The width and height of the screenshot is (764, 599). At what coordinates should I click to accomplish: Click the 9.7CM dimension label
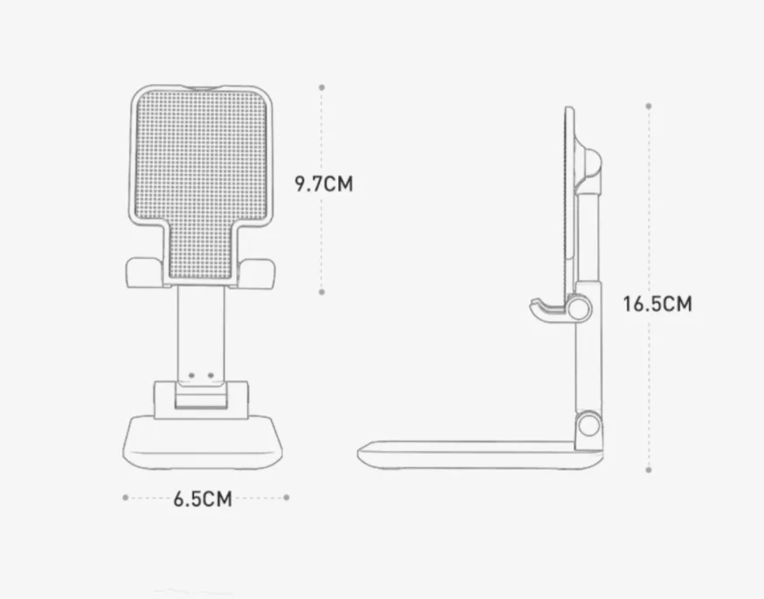[323, 184]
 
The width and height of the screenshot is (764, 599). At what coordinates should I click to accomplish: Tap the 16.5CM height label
[657, 304]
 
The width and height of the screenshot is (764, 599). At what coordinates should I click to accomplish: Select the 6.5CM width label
[202, 498]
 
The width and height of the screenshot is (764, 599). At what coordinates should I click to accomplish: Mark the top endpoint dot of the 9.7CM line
[322, 87]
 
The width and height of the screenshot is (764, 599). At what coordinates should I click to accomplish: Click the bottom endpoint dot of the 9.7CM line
[322, 292]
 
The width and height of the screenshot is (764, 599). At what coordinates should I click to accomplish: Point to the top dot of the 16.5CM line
[648, 105]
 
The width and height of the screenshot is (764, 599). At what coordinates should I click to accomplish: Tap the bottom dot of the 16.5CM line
[648, 470]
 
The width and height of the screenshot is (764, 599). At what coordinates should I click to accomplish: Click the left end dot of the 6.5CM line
[125, 498]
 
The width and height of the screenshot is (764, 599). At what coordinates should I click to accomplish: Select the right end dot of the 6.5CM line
[287, 498]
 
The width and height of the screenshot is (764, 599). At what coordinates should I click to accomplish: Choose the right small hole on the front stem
[211, 377]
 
